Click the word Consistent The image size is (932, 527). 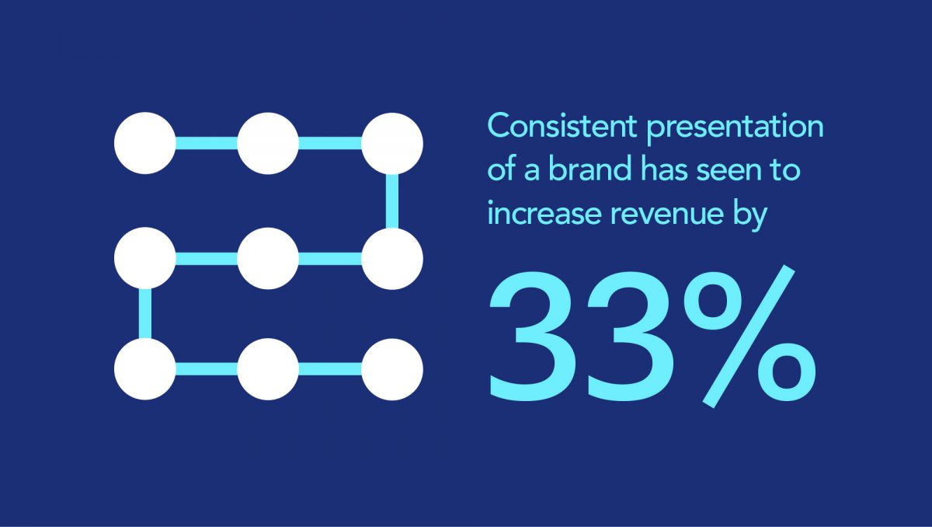(562, 125)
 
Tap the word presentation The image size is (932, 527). (736, 128)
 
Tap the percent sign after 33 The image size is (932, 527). (749, 336)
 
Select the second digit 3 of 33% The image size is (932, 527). (631, 337)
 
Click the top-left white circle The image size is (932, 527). (144, 143)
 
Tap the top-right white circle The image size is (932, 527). (392, 144)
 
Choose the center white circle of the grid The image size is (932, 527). (269, 259)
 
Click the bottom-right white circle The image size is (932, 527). (392, 369)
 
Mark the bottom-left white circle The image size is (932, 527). (144, 368)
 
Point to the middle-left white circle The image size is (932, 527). (144, 258)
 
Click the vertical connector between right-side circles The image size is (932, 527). (392, 201)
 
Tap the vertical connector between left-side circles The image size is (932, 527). (145, 313)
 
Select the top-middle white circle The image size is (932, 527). (269, 143)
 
